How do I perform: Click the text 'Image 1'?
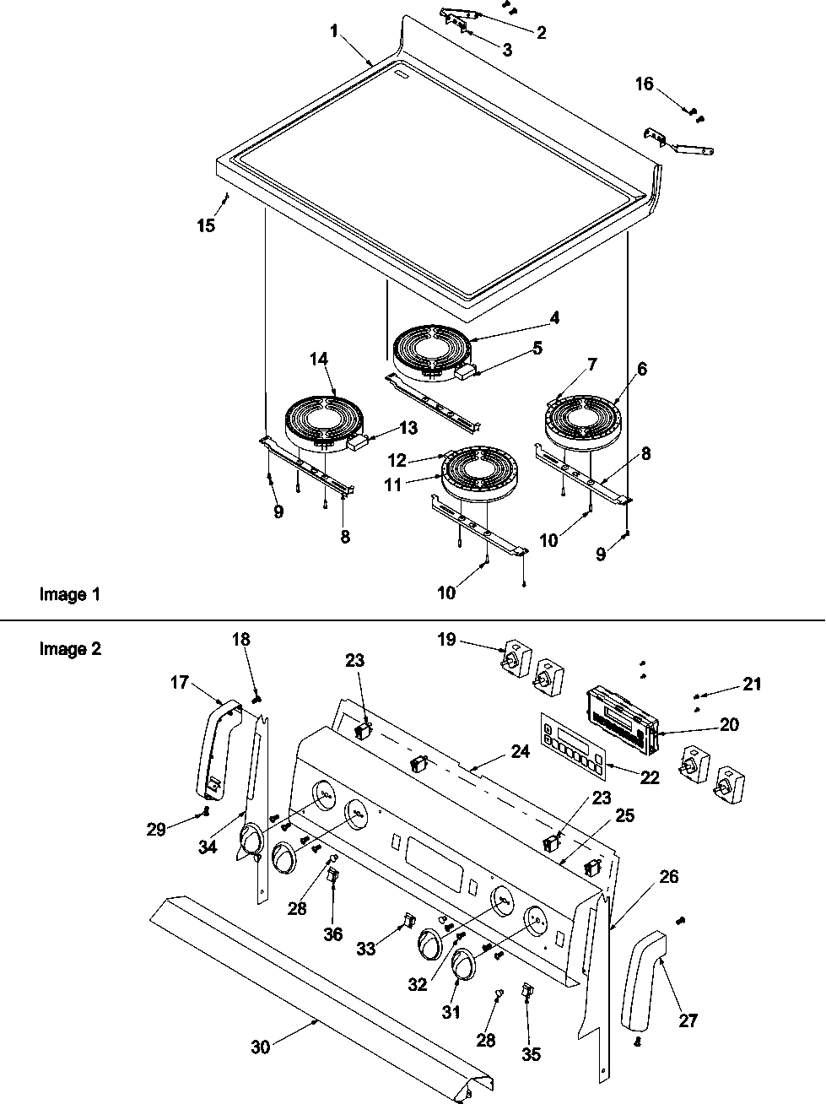click(70, 594)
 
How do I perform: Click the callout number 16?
click(644, 84)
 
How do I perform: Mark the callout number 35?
click(531, 1054)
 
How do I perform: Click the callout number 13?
click(408, 428)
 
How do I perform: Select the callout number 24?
click(521, 750)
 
